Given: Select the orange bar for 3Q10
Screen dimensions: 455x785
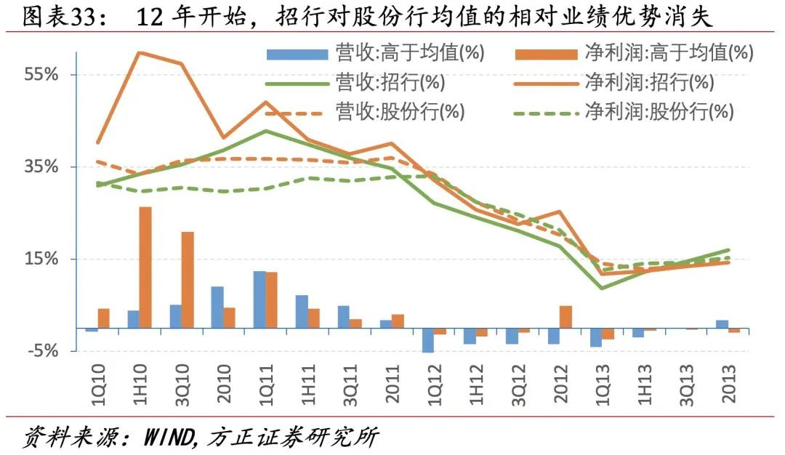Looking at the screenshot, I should tap(188, 280).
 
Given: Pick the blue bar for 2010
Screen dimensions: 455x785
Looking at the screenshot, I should tap(217, 307).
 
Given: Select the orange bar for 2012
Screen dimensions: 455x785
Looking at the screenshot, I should tap(565, 317).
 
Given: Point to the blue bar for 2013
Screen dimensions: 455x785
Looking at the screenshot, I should tap(722, 324).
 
